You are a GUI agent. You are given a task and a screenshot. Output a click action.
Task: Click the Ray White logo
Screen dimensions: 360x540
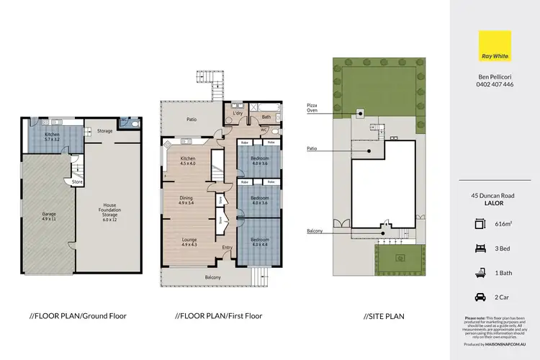[495, 45]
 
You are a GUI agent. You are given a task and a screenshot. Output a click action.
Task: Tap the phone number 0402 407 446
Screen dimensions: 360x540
[495, 84]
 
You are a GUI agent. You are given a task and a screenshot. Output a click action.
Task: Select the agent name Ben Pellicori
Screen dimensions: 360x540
[495, 75]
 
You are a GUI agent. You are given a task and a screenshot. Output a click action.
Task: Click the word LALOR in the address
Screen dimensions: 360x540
[495, 203]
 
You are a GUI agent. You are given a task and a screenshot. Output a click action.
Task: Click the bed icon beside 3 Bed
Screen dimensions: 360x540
[481, 248]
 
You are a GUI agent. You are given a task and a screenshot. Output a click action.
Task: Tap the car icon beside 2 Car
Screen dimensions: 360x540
[481, 296]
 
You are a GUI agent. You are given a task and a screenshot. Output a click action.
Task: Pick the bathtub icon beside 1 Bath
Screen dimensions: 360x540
[481, 272]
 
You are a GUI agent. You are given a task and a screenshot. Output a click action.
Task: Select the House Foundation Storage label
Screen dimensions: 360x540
[109, 209]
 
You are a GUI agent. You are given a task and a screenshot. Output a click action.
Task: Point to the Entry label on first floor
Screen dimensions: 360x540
[228, 248]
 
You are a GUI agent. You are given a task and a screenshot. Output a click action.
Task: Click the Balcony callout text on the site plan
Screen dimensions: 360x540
[314, 230]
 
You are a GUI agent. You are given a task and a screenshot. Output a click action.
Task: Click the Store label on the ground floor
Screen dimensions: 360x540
[77, 182]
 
